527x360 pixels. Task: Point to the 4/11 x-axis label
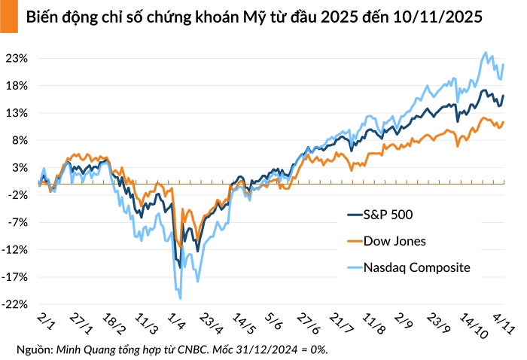click(503, 324)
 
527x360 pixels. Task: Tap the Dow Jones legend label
click(394, 240)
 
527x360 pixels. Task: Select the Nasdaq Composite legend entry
click(416, 267)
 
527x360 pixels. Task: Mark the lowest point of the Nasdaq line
click(180, 298)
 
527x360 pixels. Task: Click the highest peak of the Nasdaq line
click(485, 53)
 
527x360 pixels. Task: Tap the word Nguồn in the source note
click(34, 350)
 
